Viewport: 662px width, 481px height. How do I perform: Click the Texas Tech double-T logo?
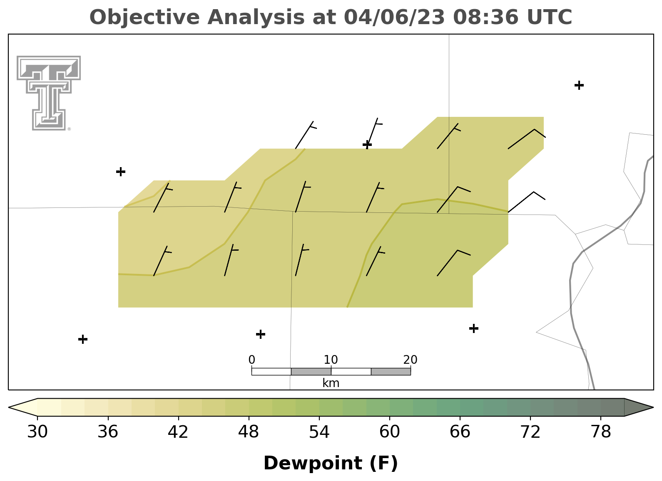coord(48,93)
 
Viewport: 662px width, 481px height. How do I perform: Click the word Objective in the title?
coord(145,17)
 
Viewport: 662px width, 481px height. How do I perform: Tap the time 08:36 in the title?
coord(486,17)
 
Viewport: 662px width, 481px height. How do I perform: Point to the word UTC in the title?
coord(550,17)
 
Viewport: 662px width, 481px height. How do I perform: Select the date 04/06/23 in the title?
coord(394,17)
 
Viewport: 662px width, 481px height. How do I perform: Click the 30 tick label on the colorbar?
coord(37,432)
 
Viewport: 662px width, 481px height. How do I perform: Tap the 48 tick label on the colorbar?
coord(249,432)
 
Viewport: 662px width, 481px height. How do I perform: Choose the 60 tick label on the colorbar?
coord(390,432)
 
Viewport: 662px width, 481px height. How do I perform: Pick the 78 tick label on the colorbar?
coord(601,432)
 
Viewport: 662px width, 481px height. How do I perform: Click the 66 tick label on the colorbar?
coord(460,432)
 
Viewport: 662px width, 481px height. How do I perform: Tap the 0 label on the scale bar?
coord(252,360)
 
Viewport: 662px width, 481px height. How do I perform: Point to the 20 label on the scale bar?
coord(411,360)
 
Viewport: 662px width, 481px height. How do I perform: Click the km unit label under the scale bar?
coord(331,383)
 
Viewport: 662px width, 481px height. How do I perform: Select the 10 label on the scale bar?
coord(331,360)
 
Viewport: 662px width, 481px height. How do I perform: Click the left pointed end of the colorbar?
coord(8,407)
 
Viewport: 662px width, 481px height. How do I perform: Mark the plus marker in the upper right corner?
coord(579,85)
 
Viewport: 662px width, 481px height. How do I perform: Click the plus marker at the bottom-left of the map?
coord(83,339)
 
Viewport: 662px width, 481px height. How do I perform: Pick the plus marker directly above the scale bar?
coord(261,334)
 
